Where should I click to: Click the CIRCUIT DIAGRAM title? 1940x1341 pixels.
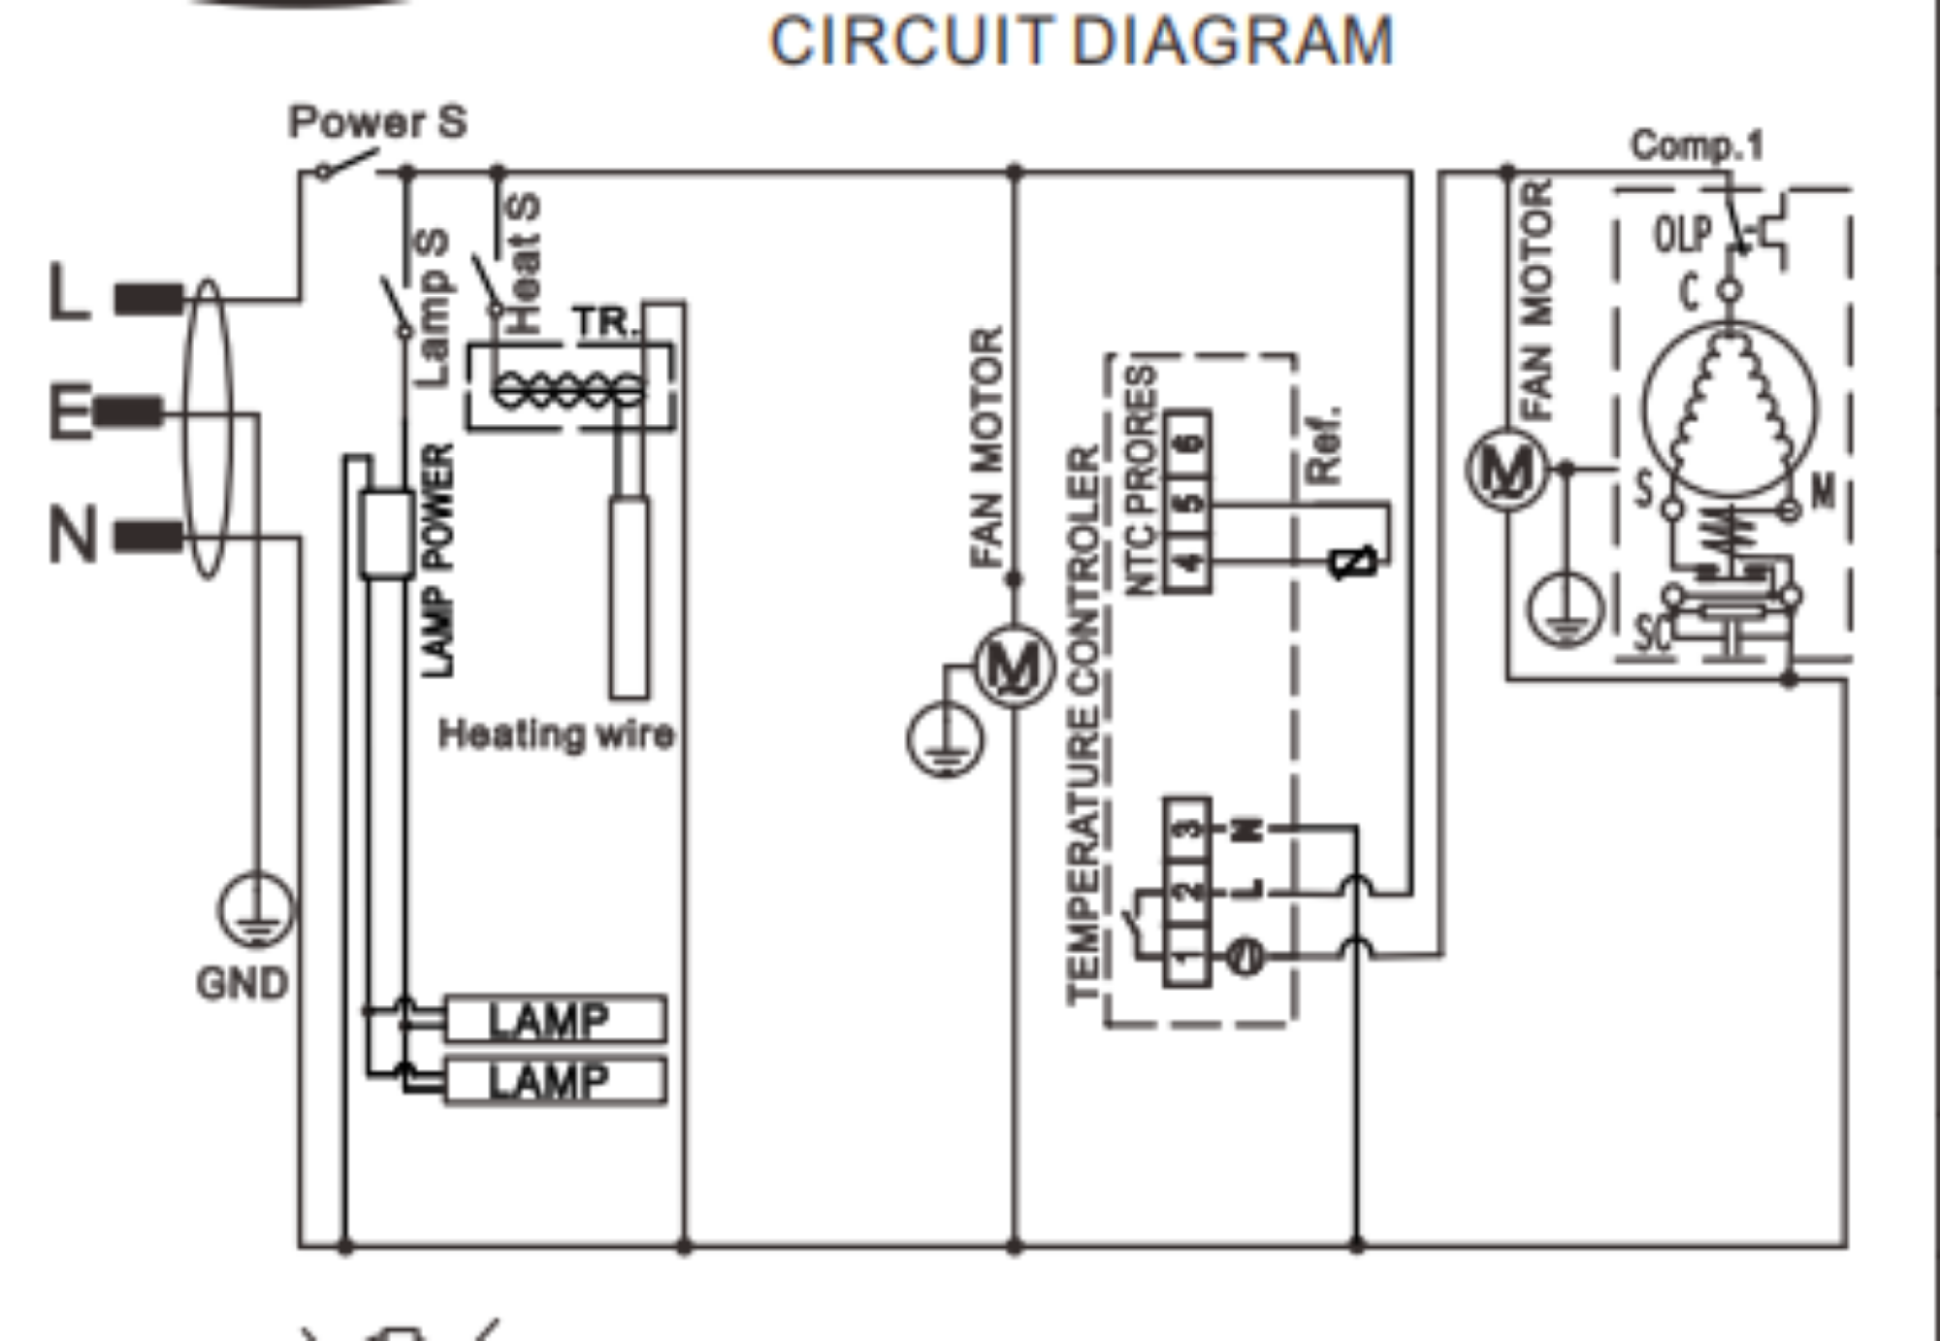coord(1081,41)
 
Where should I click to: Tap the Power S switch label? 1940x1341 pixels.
coord(378,122)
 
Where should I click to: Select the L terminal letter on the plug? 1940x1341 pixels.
coord(70,292)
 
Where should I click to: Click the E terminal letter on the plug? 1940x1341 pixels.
coord(71,412)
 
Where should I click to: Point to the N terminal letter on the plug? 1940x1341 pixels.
coord(73,535)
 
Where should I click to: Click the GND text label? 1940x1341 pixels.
coord(242,984)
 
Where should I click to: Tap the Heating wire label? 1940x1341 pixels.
coord(556,735)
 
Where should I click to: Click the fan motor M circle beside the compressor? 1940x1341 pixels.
coord(1506,471)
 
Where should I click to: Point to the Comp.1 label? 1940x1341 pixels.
coord(1697,146)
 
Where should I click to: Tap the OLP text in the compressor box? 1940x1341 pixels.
coord(1682,235)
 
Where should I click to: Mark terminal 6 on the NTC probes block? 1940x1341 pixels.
coord(1188,443)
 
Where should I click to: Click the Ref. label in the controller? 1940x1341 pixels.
coord(1324,446)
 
